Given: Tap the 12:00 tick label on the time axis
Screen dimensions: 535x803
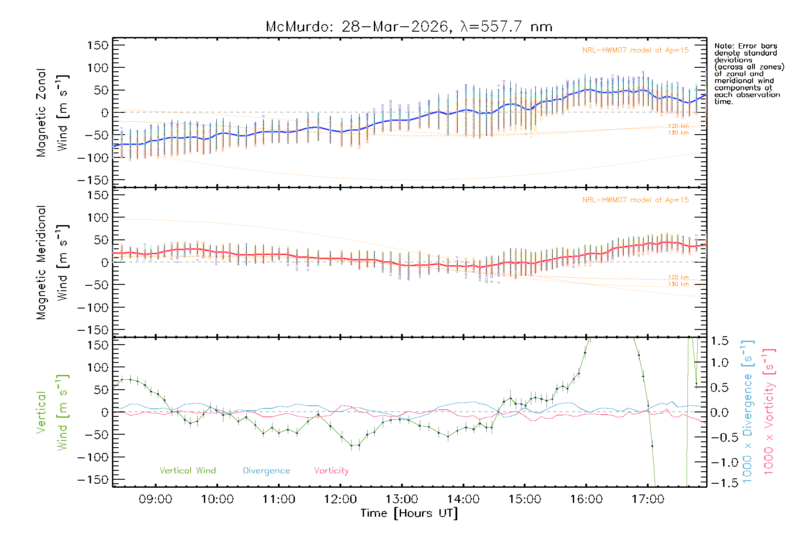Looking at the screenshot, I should click(x=340, y=499).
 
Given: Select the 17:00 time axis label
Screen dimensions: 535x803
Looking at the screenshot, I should click(x=648, y=499).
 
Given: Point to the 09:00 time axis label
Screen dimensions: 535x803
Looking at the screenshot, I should click(x=155, y=499).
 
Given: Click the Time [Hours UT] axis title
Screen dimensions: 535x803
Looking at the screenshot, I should click(x=409, y=513).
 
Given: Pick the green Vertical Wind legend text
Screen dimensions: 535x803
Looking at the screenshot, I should click(x=187, y=471).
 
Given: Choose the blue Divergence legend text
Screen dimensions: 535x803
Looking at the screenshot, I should click(x=266, y=471).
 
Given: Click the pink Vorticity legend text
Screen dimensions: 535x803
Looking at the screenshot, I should click(x=331, y=471).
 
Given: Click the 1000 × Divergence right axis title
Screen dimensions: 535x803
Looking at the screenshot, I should click(x=747, y=412).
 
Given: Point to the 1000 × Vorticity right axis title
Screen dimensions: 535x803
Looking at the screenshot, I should click(x=769, y=412).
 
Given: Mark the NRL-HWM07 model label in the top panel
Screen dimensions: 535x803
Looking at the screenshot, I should click(x=635, y=50).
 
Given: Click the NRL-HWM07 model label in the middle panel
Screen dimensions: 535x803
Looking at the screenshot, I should click(x=635, y=200).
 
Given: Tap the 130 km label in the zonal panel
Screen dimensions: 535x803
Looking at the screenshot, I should click(x=678, y=133).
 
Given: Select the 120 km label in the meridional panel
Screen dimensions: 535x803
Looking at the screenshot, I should click(x=678, y=277).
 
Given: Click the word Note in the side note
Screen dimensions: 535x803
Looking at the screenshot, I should click(x=724, y=46).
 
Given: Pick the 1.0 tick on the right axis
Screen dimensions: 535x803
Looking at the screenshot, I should click(x=719, y=362).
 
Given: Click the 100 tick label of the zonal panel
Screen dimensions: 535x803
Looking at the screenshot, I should click(x=98, y=68).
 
